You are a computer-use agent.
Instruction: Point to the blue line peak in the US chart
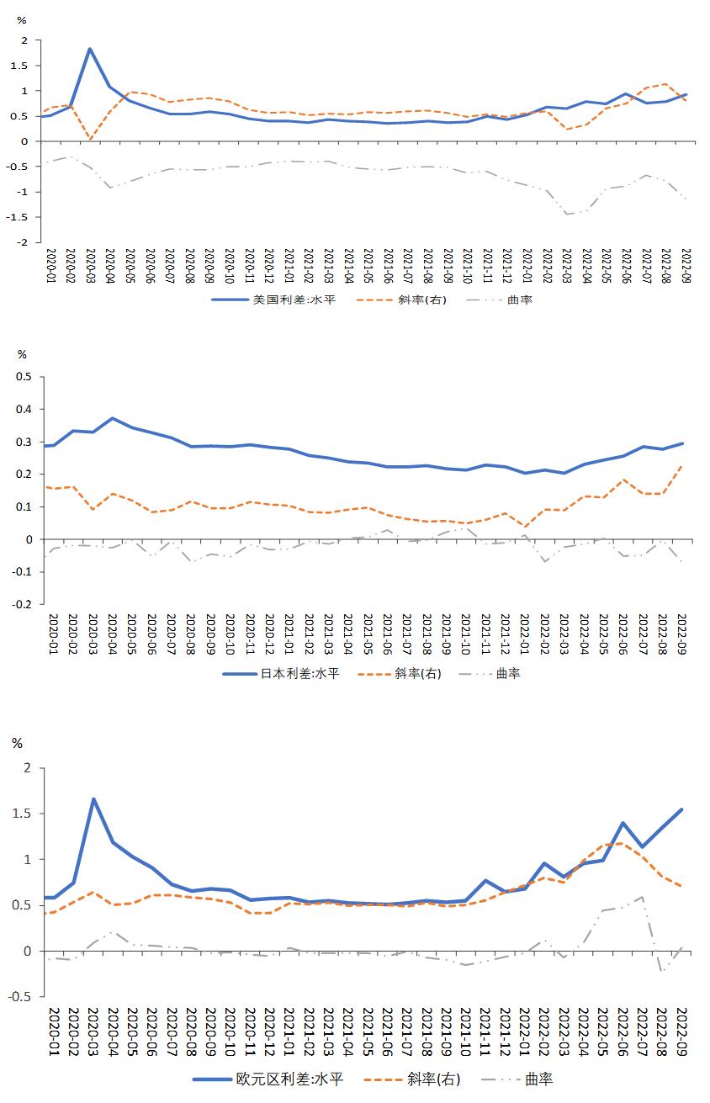tap(90, 49)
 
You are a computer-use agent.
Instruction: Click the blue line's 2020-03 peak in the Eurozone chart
tap(93, 799)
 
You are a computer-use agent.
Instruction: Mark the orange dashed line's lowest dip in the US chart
tap(90, 139)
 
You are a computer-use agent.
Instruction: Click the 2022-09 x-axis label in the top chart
tap(685, 266)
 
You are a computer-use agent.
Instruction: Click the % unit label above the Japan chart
tap(22, 354)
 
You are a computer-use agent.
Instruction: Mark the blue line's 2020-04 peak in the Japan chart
tap(112, 418)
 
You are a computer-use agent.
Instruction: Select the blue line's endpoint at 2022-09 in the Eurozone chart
tap(681, 809)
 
